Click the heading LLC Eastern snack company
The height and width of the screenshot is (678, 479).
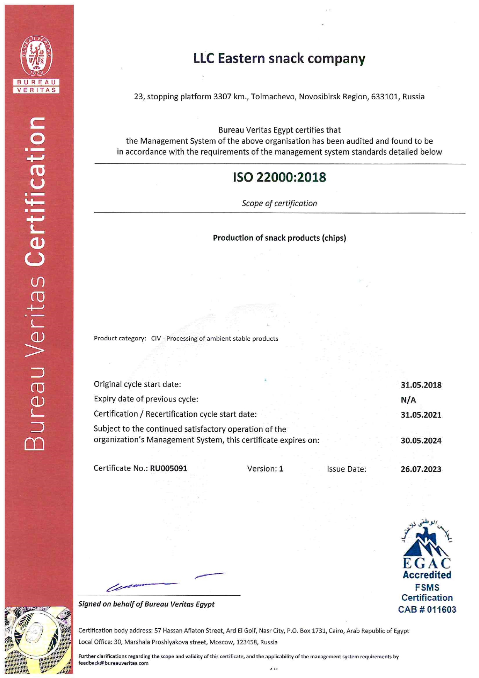(279, 58)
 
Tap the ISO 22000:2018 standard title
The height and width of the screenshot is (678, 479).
(279, 177)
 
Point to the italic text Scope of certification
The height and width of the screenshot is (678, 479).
(279, 203)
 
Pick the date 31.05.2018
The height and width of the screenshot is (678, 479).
(421, 385)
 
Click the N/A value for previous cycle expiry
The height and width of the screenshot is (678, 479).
(408, 400)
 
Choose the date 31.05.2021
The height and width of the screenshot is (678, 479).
(421, 415)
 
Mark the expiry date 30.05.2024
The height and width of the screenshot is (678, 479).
(421, 440)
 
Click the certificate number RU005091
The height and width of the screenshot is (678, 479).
(168, 468)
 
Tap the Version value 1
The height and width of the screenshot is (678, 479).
(281, 469)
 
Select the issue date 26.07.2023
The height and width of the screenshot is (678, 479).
(421, 469)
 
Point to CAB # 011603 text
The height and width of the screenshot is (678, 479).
(427, 609)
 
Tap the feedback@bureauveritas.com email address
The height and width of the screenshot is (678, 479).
(113, 663)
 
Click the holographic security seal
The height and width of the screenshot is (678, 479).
(37, 639)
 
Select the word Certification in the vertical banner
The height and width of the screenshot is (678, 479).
(36, 191)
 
